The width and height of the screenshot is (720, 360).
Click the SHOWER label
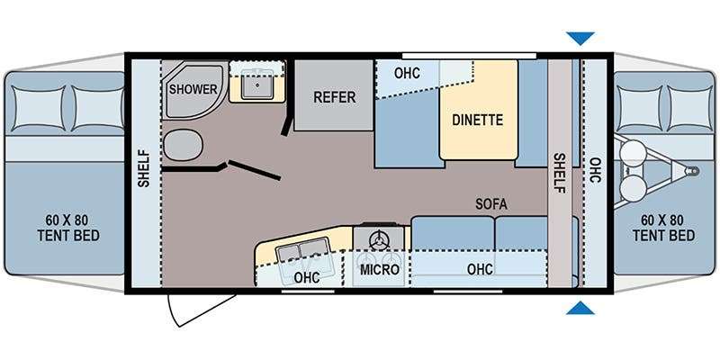(x=193, y=89)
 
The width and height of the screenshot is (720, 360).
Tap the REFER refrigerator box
(x=334, y=95)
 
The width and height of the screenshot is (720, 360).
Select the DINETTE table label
(x=478, y=120)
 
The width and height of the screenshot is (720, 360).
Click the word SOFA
(x=491, y=204)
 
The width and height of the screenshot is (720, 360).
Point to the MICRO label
(x=379, y=269)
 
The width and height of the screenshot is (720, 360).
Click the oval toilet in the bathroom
(x=184, y=145)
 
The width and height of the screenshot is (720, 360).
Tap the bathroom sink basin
(x=257, y=85)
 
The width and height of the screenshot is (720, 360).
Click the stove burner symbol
(x=379, y=238)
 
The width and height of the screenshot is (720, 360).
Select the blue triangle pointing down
(x=580, y=38)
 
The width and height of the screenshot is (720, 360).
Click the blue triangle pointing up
(x=580, y=309)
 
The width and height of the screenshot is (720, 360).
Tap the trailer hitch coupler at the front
(x=691, y=171)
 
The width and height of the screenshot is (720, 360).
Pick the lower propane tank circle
(x=632, y=187)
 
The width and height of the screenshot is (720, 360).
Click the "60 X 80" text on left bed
(x=68, y=219)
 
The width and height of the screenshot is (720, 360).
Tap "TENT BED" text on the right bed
(x=663, y=236)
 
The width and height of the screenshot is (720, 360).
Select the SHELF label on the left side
(x=144, y=168)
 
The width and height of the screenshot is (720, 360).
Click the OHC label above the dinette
(x=407, y=73)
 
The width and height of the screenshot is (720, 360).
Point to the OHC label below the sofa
(x=480, y=269)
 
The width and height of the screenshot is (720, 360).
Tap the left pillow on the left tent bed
(x=39, y=108)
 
